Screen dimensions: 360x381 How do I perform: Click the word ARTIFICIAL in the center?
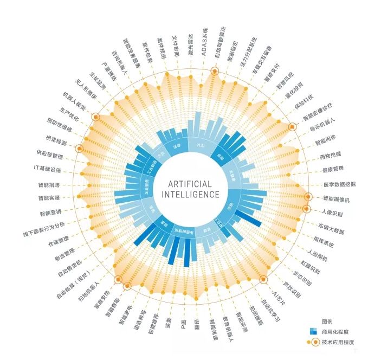coord(186,184)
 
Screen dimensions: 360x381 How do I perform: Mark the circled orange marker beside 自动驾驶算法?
coord(215,70)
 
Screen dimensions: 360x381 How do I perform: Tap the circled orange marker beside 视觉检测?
coord(80,149)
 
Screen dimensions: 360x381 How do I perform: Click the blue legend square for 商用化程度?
coord(313,331)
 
